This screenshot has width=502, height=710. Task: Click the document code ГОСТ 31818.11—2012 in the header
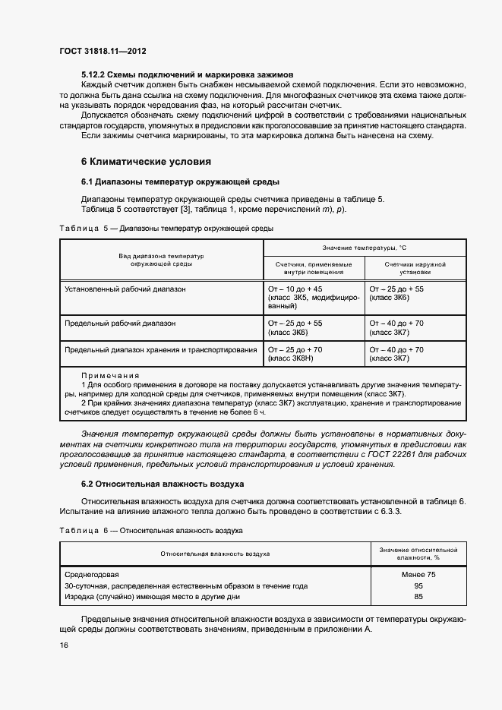pos(103,51)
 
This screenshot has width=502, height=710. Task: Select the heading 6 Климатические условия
pos(146,162)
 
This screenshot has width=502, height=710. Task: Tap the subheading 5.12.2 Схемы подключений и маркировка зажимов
pos(187,75)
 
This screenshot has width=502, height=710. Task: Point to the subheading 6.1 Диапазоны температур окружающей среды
pos(181,181)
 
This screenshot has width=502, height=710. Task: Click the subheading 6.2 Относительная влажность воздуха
pos(163,483)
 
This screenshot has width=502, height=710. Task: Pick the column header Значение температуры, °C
pos(365,248)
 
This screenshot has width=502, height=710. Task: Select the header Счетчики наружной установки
pos(415,267)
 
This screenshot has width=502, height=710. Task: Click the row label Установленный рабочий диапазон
pos(125,289)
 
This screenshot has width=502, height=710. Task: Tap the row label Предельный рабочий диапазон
pos(120,323)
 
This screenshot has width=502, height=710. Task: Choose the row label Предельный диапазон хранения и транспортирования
pos(161,349)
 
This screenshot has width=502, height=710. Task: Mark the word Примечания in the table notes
pos(110,375)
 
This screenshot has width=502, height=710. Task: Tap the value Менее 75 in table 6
pos(418,575)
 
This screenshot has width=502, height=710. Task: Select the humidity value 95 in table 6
pos(418,585)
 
